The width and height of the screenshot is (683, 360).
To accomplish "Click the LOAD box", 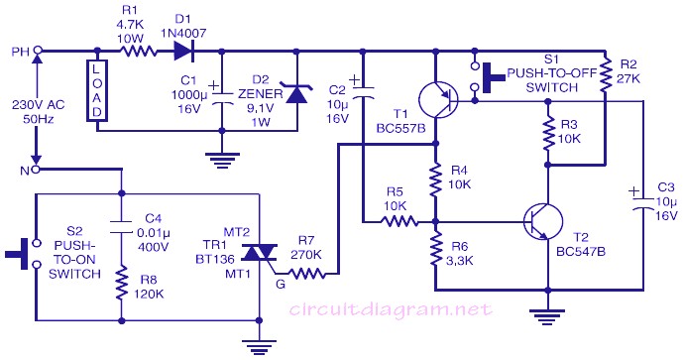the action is coord(97,90).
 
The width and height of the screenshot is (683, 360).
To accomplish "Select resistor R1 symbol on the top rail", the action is coord(138,52).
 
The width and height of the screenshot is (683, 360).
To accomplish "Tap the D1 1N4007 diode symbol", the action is coord(183,52).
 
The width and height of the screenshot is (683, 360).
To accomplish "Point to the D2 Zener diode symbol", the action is coord(296,92).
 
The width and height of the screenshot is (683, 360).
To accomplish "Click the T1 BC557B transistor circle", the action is coord(438,99).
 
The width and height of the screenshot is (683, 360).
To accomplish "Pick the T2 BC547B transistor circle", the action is coord(543,222).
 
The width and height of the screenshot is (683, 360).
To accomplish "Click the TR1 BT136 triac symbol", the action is coord(259,253).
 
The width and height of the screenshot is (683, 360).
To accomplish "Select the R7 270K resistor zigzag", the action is coord(306,274).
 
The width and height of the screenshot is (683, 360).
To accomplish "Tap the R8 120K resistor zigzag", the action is coord(122,284).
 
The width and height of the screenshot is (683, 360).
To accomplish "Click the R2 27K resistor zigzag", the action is coord(605,75).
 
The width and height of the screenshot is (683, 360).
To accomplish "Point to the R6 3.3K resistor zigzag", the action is coord(435,248).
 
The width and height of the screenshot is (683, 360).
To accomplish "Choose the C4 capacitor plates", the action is coord(122,227).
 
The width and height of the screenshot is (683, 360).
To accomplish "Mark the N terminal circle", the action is coord(37,170).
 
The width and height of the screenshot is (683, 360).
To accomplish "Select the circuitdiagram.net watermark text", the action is coord(391,309).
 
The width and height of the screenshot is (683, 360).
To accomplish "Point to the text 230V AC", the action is coord(39,104).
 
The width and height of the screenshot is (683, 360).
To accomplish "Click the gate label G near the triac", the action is coord(281,285).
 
